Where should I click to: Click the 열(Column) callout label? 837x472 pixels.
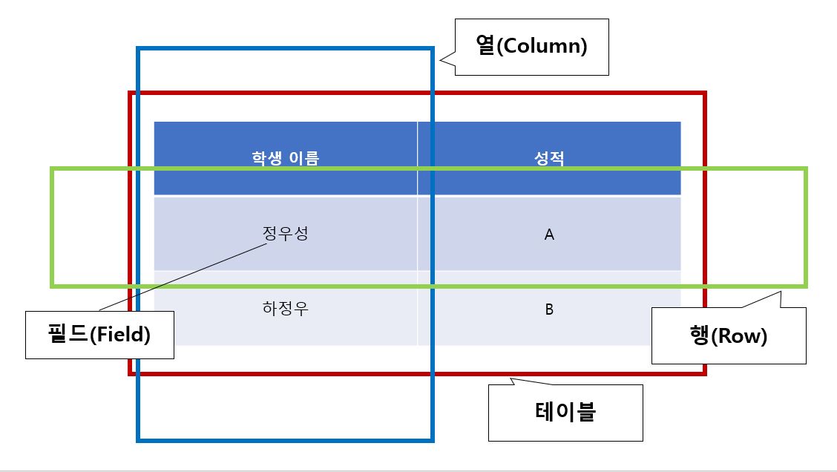(531, 47)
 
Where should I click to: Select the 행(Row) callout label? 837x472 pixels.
(728, 336)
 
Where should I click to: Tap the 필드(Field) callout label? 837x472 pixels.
(99, 335)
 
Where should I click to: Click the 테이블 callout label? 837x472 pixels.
(565, 413)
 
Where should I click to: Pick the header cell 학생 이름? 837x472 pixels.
(286, 158)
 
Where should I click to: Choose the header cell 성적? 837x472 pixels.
(549, 158)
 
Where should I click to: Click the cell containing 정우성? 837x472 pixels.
(286, 234)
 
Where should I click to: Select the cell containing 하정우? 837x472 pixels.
(286, 309)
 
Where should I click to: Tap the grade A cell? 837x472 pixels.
(549, 235)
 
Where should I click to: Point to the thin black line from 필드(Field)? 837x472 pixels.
(182, 278)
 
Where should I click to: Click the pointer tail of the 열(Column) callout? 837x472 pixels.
(446, 62)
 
